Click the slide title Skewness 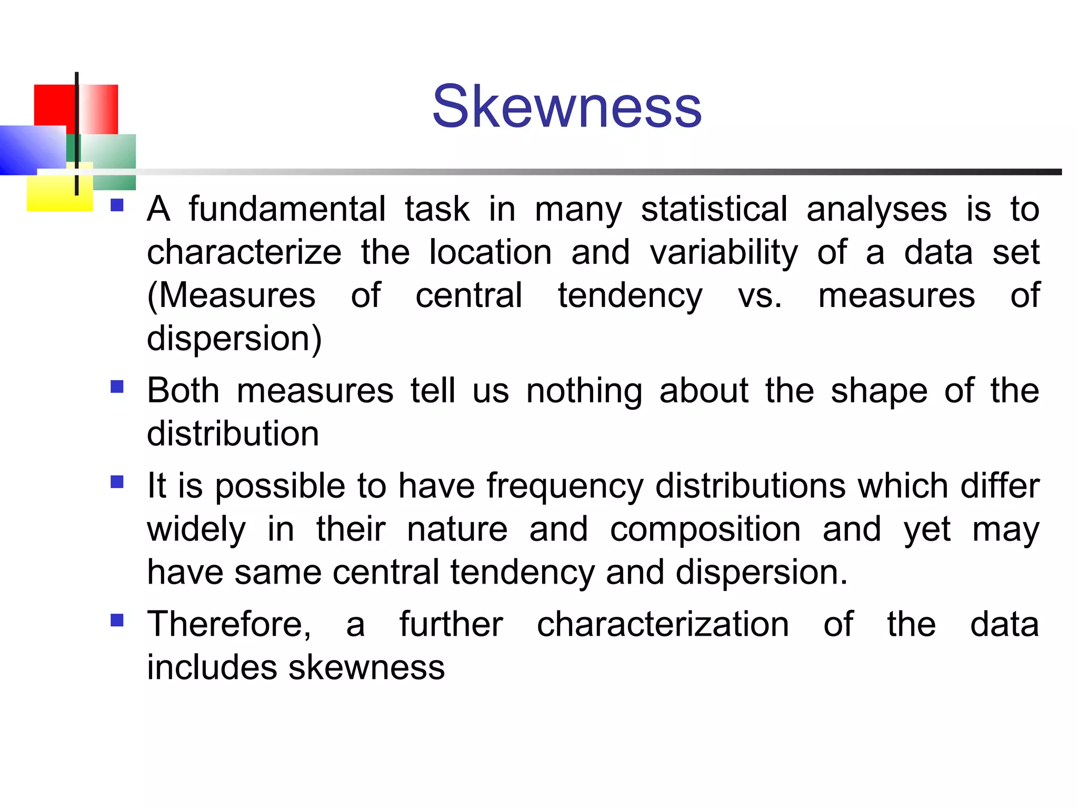(566, 107)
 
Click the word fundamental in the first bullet (287, 209)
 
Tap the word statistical (714, 209)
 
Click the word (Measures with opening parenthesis (231, 295)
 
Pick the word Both (183, 391)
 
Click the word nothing (584, 392)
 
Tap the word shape (879, 392)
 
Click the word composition (705, 530)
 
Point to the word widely (196, 530)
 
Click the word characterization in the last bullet (663, 625)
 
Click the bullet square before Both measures (117, 387)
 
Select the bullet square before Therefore (117, 620)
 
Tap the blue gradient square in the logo (32, 150)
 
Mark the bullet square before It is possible (117, 482)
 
